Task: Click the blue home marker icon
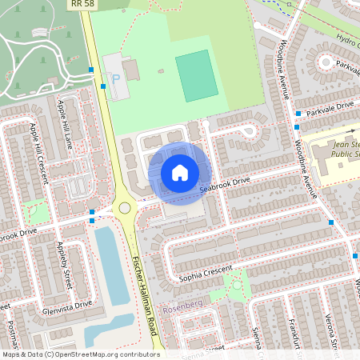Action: coord(180,172)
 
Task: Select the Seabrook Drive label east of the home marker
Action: coord(225,183)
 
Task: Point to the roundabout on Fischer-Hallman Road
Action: coord(124,208)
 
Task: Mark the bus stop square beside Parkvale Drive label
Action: coord(297,114)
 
